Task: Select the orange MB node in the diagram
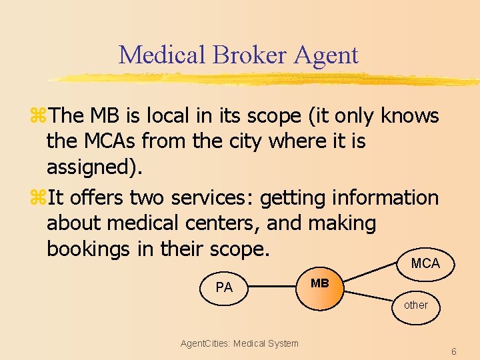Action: click(320, 287)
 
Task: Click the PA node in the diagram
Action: click(224, 288)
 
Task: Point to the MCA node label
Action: click(425, 263)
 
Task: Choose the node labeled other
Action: click(416, 305)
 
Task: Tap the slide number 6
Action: click(453, 351)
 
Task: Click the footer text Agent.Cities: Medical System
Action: click(239, 343)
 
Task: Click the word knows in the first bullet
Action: click(409, 116)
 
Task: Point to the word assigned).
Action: click(94, 167)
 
